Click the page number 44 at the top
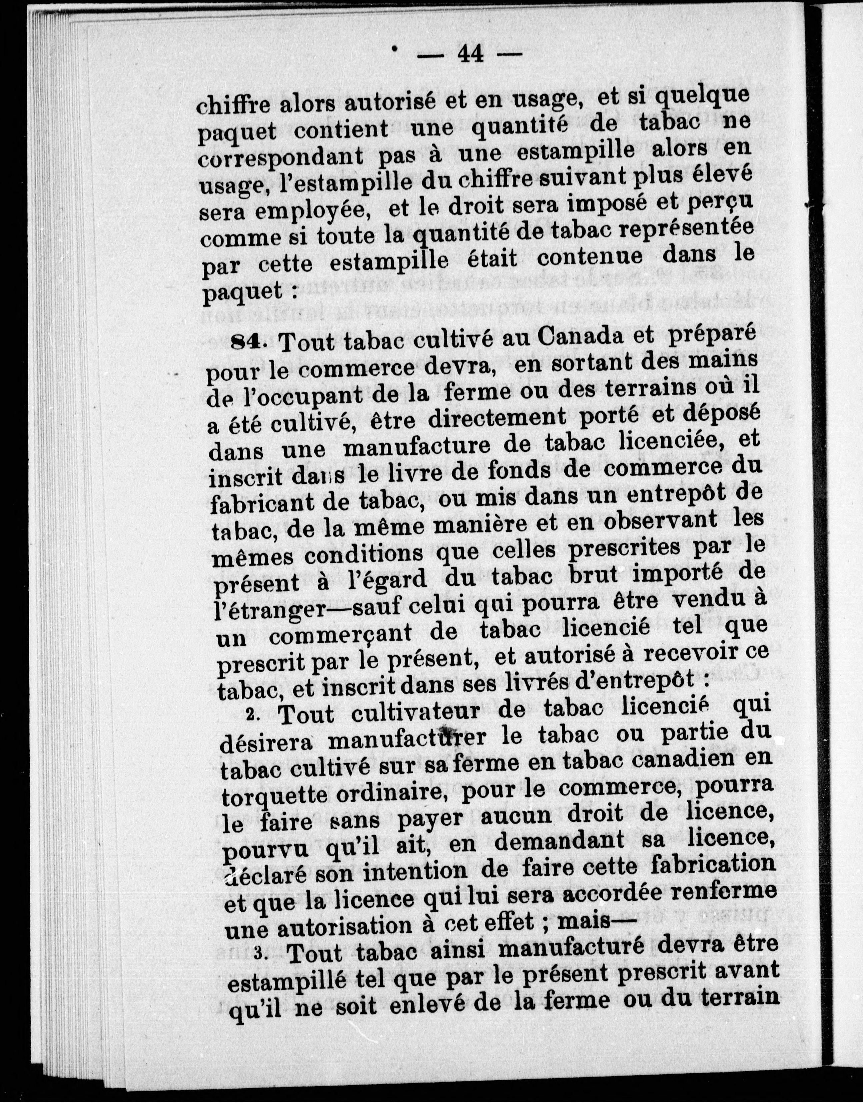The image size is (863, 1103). pos(470,53)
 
